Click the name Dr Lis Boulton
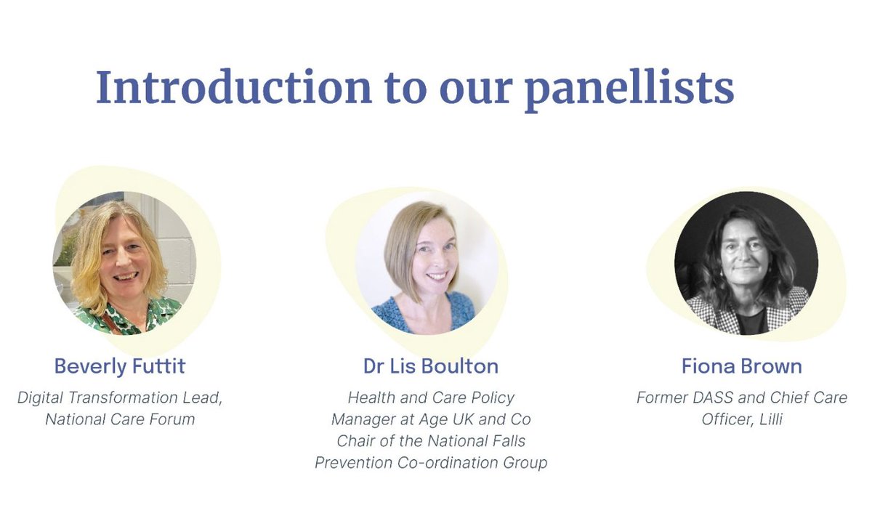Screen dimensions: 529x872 coord(431,366)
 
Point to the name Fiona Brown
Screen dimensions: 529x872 coord(742,366)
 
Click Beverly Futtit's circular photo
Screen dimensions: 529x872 coord(124,262)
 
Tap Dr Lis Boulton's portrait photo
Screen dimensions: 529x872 coord(427,262)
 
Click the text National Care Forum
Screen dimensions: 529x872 coord(120,419)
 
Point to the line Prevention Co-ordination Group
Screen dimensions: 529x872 coord(431,463)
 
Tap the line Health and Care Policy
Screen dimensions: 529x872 coord(431,397)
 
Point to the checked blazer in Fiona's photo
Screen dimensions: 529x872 coord(705,314)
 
